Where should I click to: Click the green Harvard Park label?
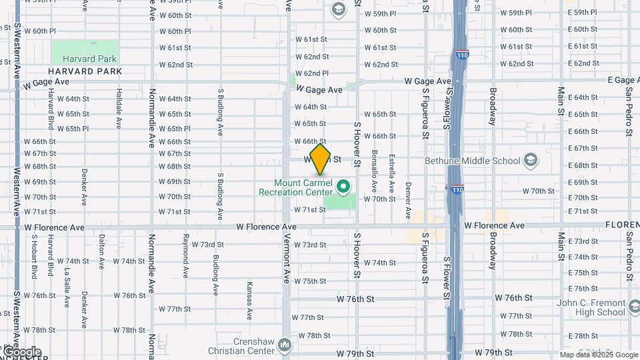(x=84, y=59)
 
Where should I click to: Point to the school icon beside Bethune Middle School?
(x=530, y=160)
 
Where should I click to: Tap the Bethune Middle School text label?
(x=473, y=161)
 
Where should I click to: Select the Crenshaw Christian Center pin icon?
(x=285, y=345)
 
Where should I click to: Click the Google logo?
(x=21, y=352)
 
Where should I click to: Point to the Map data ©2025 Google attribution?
(x=599, y=355)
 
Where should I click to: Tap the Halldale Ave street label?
(x=118, y=109)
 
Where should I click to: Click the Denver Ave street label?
(x=408, y=201)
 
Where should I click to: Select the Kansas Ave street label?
(x=249, y=300)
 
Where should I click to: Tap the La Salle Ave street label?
(x=67, y=287)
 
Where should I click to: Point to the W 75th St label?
(x=309, y=281)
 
